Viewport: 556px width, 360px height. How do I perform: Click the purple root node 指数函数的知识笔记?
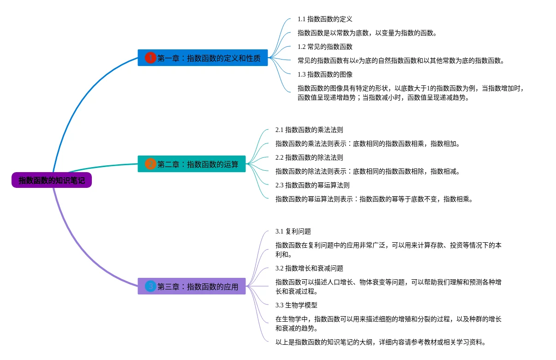point(52,180)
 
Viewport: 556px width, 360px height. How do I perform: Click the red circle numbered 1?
point(150,58)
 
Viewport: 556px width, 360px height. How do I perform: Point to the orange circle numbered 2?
point(150,164)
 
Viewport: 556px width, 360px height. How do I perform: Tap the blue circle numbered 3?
point(150,286)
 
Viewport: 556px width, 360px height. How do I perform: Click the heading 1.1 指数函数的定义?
point(325,19)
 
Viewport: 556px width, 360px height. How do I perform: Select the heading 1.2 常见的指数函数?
point(325,47)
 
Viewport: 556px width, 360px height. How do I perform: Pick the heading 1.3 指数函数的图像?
point(325,74)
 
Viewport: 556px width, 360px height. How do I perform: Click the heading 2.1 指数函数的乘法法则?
point(309,130)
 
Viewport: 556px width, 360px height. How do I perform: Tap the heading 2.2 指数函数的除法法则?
point(309,157)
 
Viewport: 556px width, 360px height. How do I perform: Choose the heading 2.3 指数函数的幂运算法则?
point(312,185)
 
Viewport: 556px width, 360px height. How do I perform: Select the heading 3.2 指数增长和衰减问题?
point(309,268)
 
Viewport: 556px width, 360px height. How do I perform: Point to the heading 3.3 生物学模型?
point(296,305)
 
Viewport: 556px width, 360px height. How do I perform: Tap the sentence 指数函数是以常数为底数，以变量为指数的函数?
point(367,33)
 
